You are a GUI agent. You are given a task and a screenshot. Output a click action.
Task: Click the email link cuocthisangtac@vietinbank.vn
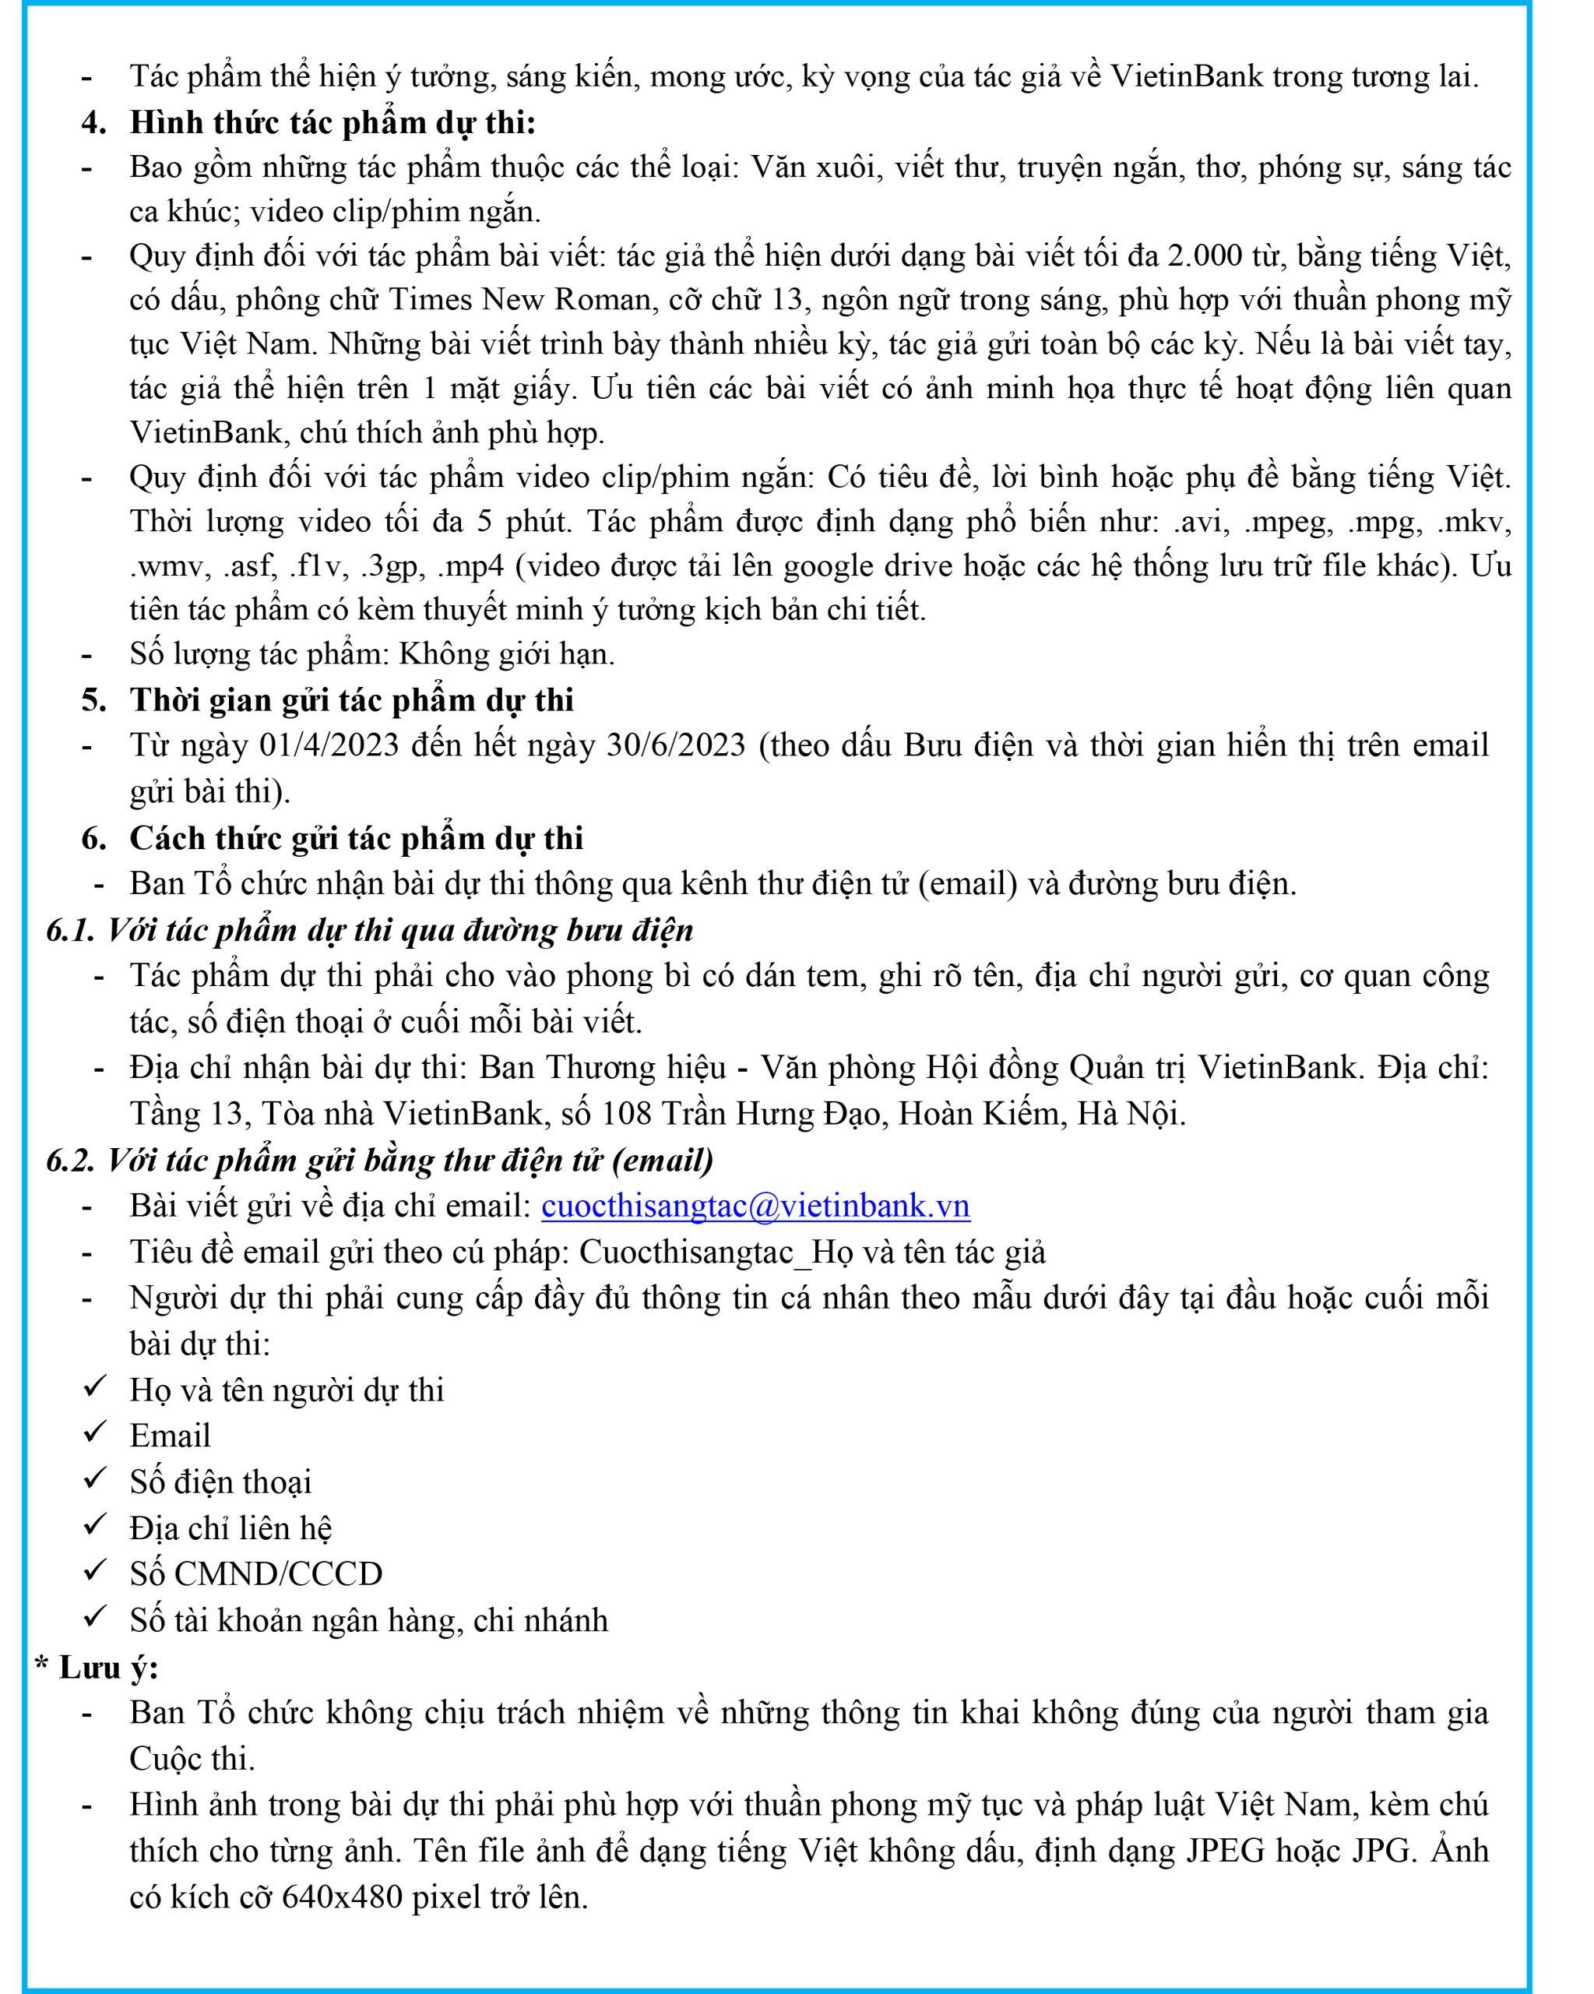pos(755,1206)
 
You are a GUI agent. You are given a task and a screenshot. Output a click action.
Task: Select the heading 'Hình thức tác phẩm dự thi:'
pos(332,122)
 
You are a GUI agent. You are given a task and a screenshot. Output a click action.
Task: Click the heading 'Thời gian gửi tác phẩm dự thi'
pos(351,700)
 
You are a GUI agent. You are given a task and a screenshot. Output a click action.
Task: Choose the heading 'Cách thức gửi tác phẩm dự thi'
pos(356,838)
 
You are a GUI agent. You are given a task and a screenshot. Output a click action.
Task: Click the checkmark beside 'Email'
pos(96,1432)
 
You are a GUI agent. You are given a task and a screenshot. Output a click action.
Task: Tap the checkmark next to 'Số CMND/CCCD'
pos(96,1570)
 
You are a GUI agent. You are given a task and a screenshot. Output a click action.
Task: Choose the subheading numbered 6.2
pos(379,1160)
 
